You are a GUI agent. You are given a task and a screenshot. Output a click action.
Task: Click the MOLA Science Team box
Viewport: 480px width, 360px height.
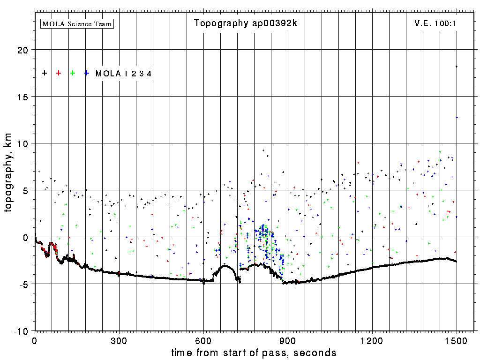[x=77, y=23]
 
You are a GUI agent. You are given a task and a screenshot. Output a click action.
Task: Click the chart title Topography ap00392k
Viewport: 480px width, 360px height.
[x=246, y=23]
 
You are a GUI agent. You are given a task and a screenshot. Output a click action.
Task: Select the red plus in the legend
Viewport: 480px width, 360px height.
[x=59, y=73]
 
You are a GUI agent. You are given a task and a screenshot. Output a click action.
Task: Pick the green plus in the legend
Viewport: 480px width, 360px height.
[x=73, y=73]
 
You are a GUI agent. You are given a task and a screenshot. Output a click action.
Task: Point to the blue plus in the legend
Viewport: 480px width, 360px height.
[x=87, y=73]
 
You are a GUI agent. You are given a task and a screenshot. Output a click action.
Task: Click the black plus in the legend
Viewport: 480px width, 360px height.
[x=45, y=73]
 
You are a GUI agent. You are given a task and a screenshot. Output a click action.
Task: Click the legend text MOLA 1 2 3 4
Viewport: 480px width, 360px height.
[x=123, y=74]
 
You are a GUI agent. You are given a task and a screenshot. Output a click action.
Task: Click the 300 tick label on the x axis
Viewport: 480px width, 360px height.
[x=119, y=340]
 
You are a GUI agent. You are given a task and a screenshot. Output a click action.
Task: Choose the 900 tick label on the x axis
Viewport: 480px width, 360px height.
[x=288, y=340]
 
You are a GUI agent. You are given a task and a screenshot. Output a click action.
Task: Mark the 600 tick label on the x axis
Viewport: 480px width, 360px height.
[x=203, y=340]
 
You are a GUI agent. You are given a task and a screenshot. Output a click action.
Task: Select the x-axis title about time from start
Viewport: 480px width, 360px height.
[x=254, y=352]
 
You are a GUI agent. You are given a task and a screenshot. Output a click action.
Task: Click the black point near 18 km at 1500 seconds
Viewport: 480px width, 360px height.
[x=457, y=67]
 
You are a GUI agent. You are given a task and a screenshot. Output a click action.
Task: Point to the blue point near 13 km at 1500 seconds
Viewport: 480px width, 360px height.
[x=457, y=117]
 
